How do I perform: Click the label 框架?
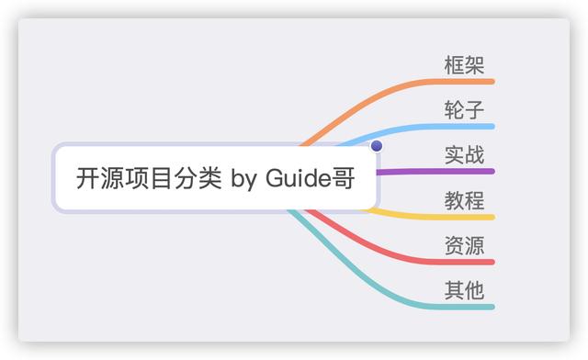[464, 65]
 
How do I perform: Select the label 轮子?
[464, 110]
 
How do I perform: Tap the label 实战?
[464, 155]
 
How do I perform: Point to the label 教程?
[464, 200]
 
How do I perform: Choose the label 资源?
[464, 245]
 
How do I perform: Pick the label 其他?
[464, 290]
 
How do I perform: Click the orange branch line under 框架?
[459, 82]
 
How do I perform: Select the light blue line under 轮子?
[459, 127]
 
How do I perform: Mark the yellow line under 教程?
[459, 217]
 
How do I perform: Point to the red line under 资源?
[459, 262]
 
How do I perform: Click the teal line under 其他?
[459, 307]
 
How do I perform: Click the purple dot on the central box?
[376, 146]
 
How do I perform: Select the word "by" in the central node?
[243, 178]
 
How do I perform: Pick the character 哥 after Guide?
[343, 177]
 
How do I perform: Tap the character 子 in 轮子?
[475, 110]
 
